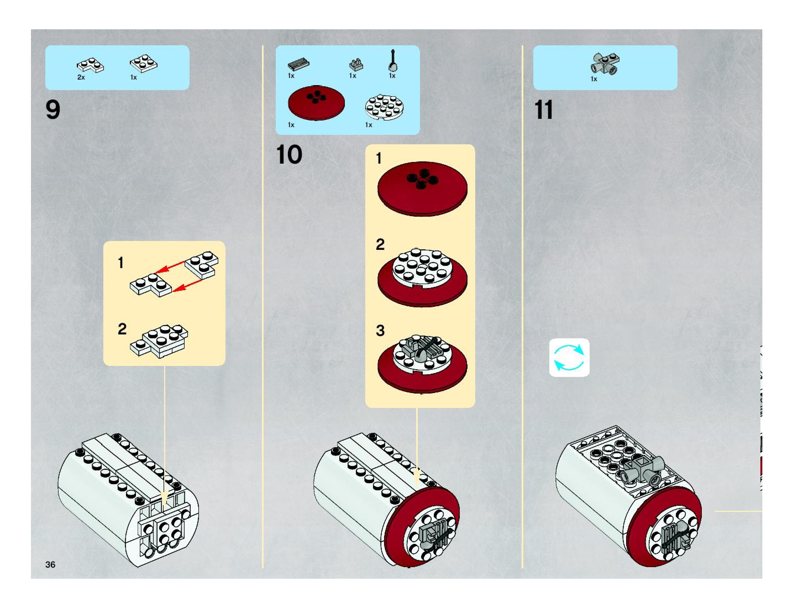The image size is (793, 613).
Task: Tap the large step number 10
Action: coord(289,154)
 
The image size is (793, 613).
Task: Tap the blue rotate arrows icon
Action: coord(569,358)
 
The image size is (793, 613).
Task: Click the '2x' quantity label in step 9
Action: coord(81,77)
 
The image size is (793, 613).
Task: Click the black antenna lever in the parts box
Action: coord(393,61)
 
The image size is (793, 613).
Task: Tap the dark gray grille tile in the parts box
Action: coord(298,64)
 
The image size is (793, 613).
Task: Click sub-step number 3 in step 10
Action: coord(380,331)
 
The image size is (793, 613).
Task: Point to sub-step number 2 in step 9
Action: coord(122,329)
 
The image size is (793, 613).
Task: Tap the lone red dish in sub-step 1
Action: coord(422,189)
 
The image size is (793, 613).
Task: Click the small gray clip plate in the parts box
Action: coord(356,65)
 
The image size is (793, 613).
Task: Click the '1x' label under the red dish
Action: coord(291,125)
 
